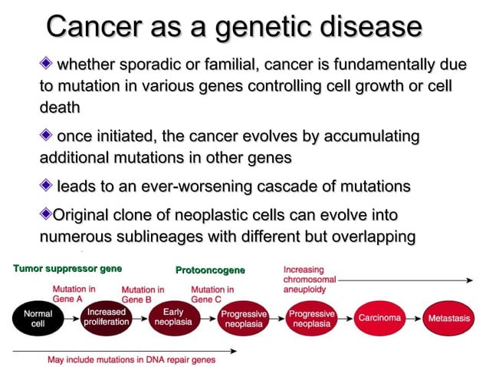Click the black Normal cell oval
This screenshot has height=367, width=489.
(x=38, y=319)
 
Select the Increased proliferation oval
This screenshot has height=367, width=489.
(x=107, y=318)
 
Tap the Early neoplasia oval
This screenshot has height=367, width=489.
(x=173, y=318)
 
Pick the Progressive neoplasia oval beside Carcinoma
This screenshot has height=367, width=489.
(x=311, y=319)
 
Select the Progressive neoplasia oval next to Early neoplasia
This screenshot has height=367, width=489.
(x=243, y=319)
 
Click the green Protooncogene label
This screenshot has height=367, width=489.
(x=210, y=270)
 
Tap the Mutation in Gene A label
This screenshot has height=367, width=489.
(x=74, y=294)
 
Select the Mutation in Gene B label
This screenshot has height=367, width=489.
(x=143, y=294)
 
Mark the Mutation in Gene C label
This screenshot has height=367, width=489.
(x=212, y=294)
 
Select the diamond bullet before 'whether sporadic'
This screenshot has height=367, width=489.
(x=48, y=62)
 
